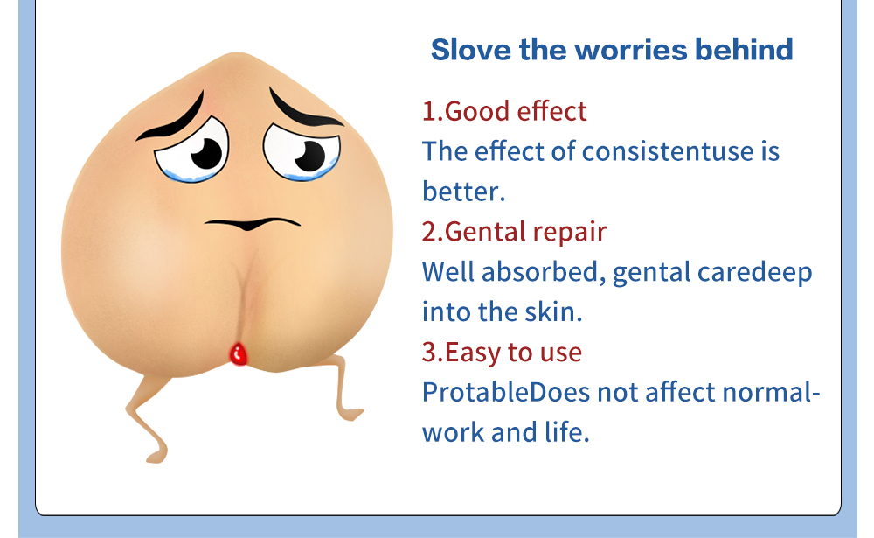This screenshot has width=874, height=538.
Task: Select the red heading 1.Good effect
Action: point(504,111)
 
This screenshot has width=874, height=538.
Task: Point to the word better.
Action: point(464,192)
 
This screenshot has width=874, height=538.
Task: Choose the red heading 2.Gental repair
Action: point(514,232)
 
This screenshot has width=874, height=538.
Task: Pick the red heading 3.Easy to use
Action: point(502,353)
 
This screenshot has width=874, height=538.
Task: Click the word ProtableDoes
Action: point(506,392)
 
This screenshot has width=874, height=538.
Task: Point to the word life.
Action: point(567,432)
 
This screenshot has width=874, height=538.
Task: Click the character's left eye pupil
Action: point(207,153)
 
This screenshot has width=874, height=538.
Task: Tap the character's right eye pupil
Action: point(310,156)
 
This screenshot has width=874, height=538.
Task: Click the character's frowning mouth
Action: point(253,223)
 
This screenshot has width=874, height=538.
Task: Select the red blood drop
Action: point(239,354)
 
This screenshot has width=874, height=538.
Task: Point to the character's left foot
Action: point(157,456)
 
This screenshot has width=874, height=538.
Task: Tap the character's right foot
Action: point(352,414)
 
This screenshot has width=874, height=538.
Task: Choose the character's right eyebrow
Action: point(303,108)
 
